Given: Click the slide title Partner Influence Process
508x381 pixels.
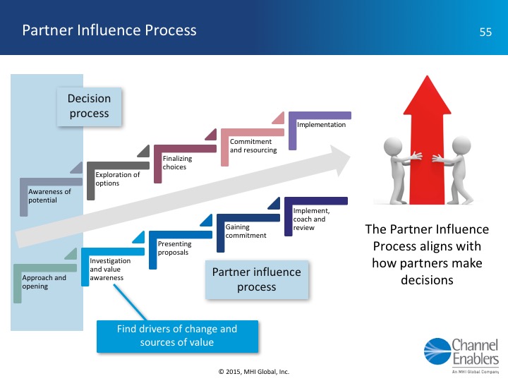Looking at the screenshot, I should pyautogui.click(x=109, y=30).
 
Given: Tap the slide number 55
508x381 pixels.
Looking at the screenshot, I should pyautogui.click(x=485, y=32).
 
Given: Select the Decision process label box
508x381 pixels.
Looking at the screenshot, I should pyautogui.click(x=89, y=107).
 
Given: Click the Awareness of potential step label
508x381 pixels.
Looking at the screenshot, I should pyautogui.click(x=49, y=195).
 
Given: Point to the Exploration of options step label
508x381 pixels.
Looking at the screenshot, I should pyautogui.click(x=117, y=179).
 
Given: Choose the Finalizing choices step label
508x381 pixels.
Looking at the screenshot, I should pyautogui.click(x=177, y=162).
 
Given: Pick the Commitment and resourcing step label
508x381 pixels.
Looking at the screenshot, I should pyautogui.click(x=253, y=145).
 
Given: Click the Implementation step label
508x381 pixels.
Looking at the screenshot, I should pyautogui.click(x=321, y=125).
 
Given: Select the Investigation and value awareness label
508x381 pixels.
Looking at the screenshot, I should pyautogui.click(x=107, y=269).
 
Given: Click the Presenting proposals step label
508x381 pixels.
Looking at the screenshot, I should pyautogui.click(x=174, y=248).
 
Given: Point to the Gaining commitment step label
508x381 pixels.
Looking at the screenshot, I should pyautogui.click(x=246, y=231).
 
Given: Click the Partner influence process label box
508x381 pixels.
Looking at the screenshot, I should pyautogui.click(x=256, y=279).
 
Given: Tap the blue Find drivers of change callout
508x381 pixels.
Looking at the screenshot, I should pyautogui.click(x=177, y=335).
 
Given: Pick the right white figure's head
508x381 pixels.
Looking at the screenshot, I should pyautogui.click(x=460, y=146).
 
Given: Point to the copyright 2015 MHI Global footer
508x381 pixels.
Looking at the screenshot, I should pyautogui.click(x=254, y=371).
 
